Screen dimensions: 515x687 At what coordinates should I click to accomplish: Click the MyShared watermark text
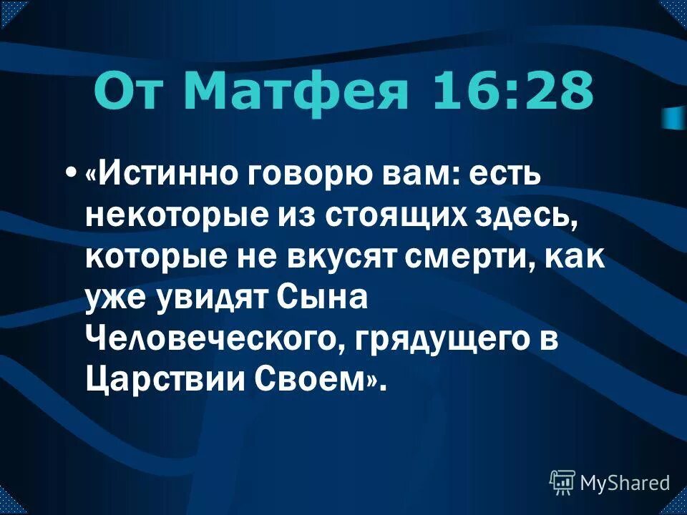pos(625,483)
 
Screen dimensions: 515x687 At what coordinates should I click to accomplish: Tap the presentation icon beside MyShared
pos(562,483)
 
